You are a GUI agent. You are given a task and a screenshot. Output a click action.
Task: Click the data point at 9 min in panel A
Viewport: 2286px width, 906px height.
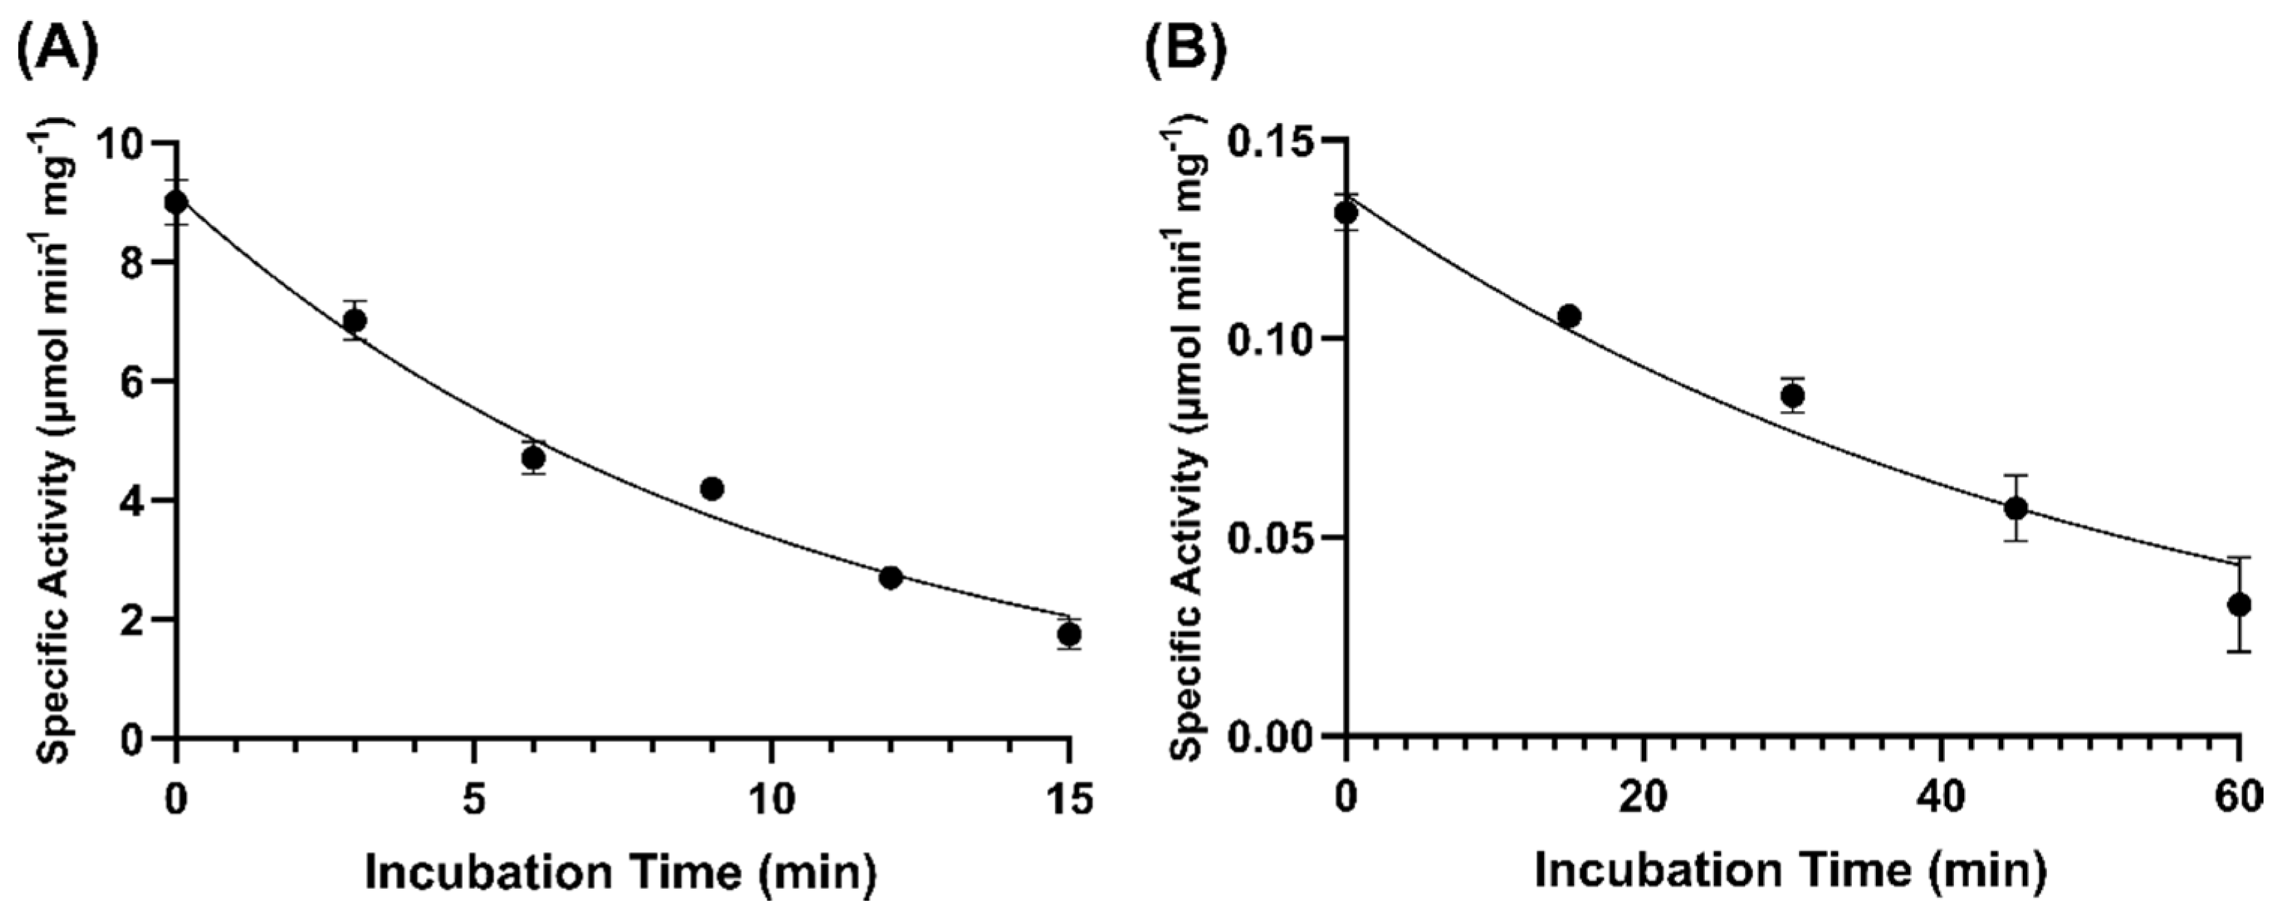712,488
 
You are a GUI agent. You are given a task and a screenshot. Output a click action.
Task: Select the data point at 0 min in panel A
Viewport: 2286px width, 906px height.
176,202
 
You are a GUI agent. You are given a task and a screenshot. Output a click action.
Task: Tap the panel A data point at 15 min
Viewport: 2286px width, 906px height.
1069,634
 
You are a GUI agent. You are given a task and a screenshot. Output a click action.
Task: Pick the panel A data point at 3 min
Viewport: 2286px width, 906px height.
355,319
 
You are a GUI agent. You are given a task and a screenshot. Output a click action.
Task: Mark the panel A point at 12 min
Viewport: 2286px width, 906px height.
890,577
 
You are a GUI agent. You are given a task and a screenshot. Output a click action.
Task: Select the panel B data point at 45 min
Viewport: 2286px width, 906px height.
2016,508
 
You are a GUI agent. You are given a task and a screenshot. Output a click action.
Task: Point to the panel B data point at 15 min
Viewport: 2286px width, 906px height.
1569,316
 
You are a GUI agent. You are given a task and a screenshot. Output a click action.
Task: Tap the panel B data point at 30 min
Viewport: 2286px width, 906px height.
1792,395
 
